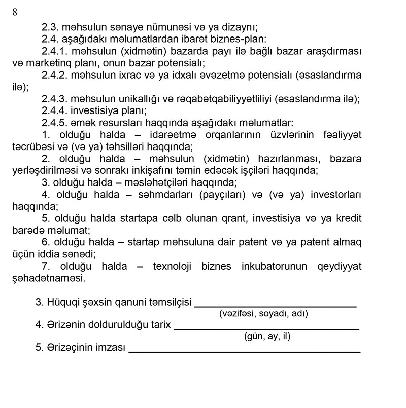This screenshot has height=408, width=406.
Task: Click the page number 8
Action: tap(15, 13)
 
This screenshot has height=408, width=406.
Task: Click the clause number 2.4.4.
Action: tap(55, 111)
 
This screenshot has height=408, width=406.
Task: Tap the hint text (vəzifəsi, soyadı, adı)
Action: tap(263, 314)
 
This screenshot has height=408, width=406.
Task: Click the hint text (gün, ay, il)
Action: tap(267, 336)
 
